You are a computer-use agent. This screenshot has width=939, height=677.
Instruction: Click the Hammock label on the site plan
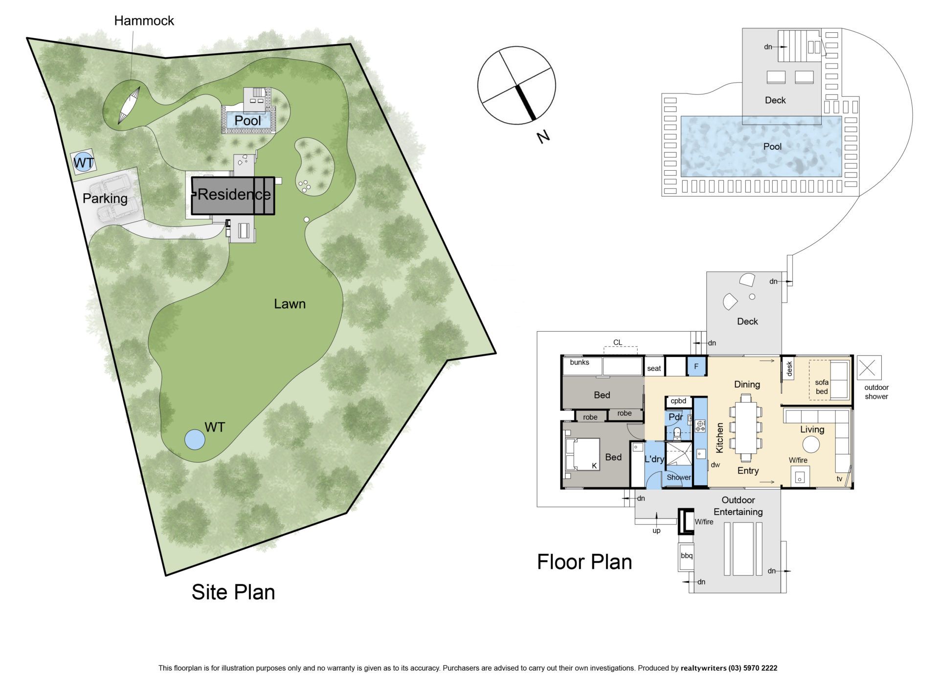tap(144, 21)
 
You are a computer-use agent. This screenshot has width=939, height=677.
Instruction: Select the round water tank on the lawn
tap(195, 439)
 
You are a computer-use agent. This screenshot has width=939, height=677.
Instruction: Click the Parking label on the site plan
tap(105, 198)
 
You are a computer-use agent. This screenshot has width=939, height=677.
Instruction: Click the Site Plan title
tap(233, 592)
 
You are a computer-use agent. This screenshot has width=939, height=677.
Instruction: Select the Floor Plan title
tap(584, 562)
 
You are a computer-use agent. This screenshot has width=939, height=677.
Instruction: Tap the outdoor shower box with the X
tap(869, 368)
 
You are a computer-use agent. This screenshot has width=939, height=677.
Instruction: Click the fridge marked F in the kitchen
tap(696, 366)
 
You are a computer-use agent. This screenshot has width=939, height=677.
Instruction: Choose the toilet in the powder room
tap(677, 433)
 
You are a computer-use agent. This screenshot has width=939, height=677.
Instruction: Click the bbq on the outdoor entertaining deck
tap(686, 556)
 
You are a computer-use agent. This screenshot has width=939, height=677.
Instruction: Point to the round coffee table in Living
tap(810, 445)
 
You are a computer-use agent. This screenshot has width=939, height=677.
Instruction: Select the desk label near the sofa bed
tap(789, 369)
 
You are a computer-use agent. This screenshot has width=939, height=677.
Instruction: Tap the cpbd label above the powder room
tap(678, 401)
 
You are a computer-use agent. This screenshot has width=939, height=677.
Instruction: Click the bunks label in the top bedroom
tap(580, 362)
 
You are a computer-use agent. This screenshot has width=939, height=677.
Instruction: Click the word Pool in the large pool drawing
tap(772, 146)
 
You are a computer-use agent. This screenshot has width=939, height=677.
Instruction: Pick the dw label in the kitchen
tap(715, 465)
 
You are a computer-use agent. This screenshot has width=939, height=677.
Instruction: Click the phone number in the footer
tap(753, 668)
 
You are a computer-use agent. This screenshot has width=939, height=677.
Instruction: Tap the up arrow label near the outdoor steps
tap(656, 531)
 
